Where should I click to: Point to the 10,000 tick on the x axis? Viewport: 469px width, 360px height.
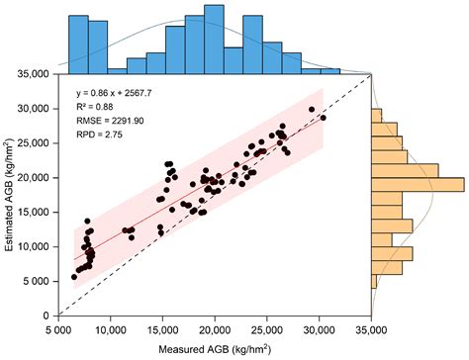pos(110,329)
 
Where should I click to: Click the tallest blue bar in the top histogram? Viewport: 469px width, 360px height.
pos(214,40)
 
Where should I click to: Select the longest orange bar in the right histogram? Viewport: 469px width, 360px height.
pos(417,184)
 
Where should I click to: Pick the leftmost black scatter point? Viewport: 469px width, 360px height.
pos(74,277)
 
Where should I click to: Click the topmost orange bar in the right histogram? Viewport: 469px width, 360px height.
pos(377,116)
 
